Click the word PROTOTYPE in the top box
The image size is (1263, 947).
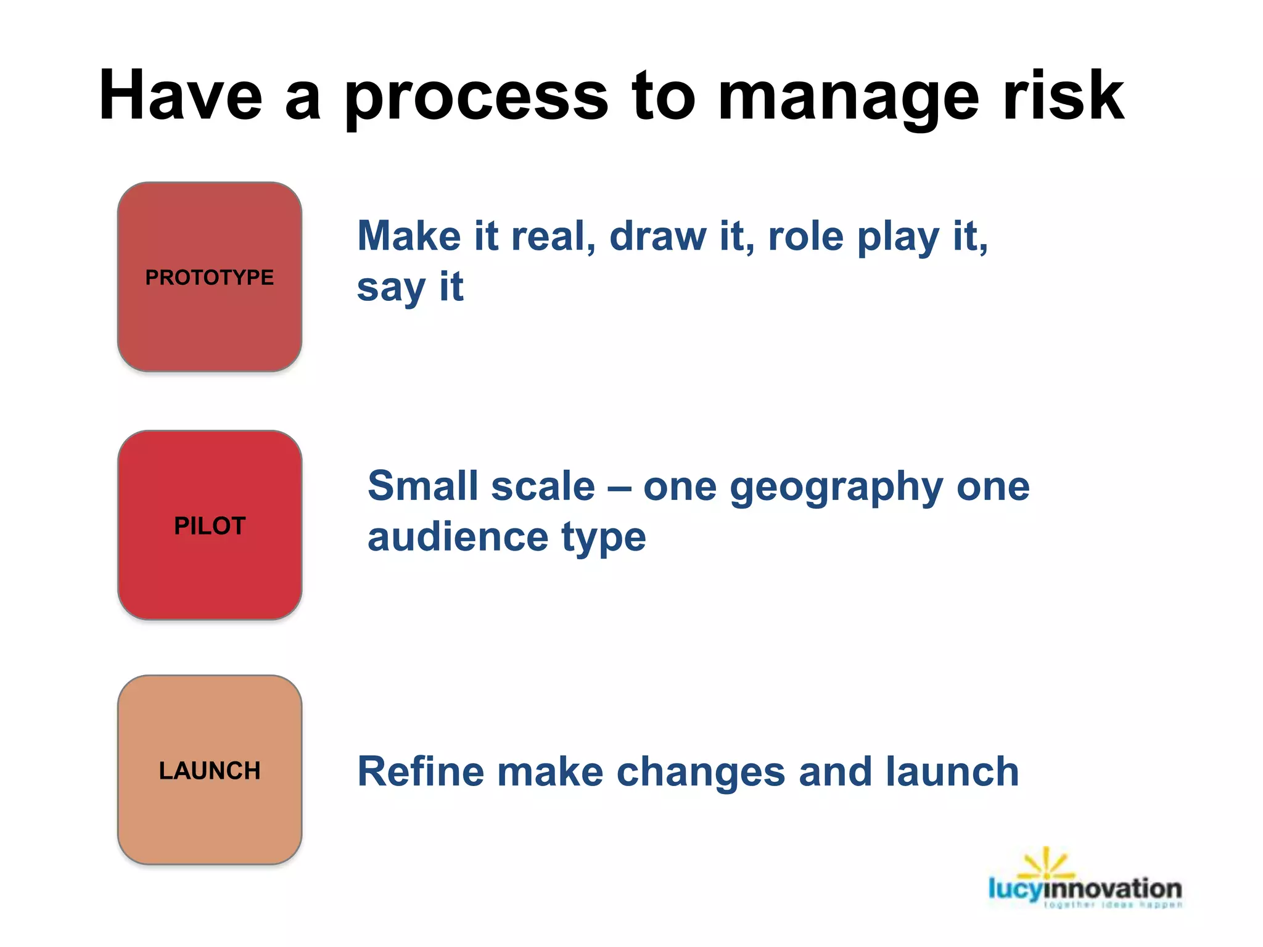point(209,277)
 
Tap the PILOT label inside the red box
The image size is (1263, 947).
point(210,526)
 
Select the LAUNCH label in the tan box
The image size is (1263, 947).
point(210,771)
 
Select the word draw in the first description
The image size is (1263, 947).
point(657,237)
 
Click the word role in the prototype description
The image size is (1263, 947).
point(805,237)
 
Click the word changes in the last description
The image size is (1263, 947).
point(701,772)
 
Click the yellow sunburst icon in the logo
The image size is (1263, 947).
point(1046,864)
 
